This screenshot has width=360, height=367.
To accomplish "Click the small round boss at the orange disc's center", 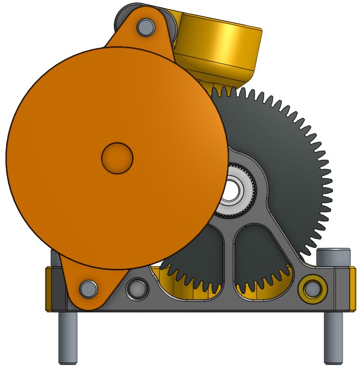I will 117,158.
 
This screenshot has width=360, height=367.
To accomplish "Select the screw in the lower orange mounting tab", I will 87,288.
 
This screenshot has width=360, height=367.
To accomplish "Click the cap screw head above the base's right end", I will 333,257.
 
